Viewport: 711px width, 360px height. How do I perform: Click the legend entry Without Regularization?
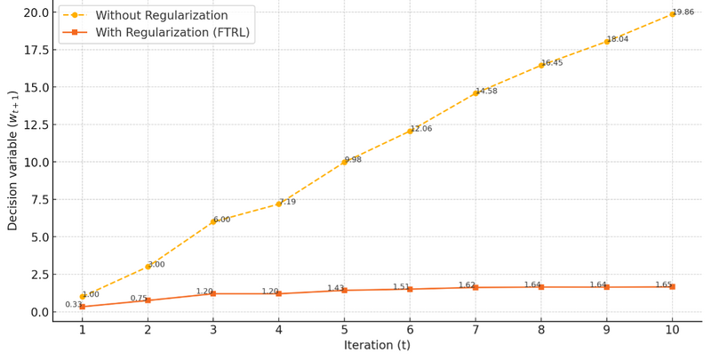(x=161, y=16)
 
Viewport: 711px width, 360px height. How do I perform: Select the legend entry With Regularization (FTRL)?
(x=172, y=33)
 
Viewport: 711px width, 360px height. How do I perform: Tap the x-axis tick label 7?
(x=475, y=331)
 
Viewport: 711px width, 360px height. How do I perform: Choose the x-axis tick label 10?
(x=672, y=331)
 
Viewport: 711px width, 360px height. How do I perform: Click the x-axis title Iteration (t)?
(x=377, y=346)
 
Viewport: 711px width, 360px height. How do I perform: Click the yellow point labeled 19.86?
(x=672, y=14)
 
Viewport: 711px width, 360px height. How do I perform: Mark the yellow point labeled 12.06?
(x=410, y=131)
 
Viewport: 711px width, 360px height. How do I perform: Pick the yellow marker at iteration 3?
(x=213, y=221)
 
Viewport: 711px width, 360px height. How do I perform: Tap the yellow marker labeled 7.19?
(x=279, y=204)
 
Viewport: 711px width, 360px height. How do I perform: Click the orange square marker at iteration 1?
(x=83, y=307)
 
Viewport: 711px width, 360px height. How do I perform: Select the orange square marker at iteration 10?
(x=672, y=287)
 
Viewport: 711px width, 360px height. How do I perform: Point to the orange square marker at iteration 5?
(x=345, y=291)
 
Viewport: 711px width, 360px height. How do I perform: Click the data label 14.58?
(x=486, y=92)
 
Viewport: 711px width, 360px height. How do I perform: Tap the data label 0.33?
(x=73, y=305)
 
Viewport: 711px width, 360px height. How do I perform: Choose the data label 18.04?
(x=618, y=39)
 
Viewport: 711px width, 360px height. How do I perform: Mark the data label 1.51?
(x=401, y=287)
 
